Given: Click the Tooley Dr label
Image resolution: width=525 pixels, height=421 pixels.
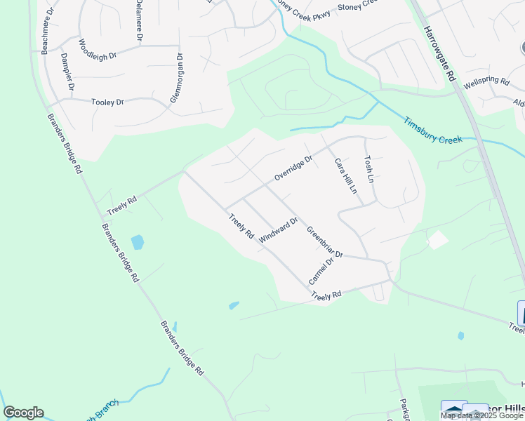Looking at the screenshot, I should (107, 102).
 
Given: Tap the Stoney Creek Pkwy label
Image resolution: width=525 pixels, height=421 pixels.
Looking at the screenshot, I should (303, 6).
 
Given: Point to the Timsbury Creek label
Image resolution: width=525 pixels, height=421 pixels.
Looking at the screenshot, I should (432, 131).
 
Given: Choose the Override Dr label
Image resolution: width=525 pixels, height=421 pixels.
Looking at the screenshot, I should (293, 168).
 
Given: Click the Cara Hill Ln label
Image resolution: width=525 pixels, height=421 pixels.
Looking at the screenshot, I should (345, 176).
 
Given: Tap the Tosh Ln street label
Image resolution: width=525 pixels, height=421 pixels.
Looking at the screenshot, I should (368, 170).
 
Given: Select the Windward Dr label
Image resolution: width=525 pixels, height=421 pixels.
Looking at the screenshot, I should (279, 230).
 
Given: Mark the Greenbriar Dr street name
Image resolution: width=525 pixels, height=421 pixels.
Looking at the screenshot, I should (324, 242).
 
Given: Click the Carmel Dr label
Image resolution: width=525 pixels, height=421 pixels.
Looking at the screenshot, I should (319, 270).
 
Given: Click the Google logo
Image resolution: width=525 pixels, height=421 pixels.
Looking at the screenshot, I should (23, 413).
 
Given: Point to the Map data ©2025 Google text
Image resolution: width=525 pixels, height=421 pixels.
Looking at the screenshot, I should (481, 415).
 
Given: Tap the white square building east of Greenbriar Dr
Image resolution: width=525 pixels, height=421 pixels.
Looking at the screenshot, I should (438, 240).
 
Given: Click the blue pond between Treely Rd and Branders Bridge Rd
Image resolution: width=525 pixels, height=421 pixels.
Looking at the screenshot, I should (138, 243).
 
